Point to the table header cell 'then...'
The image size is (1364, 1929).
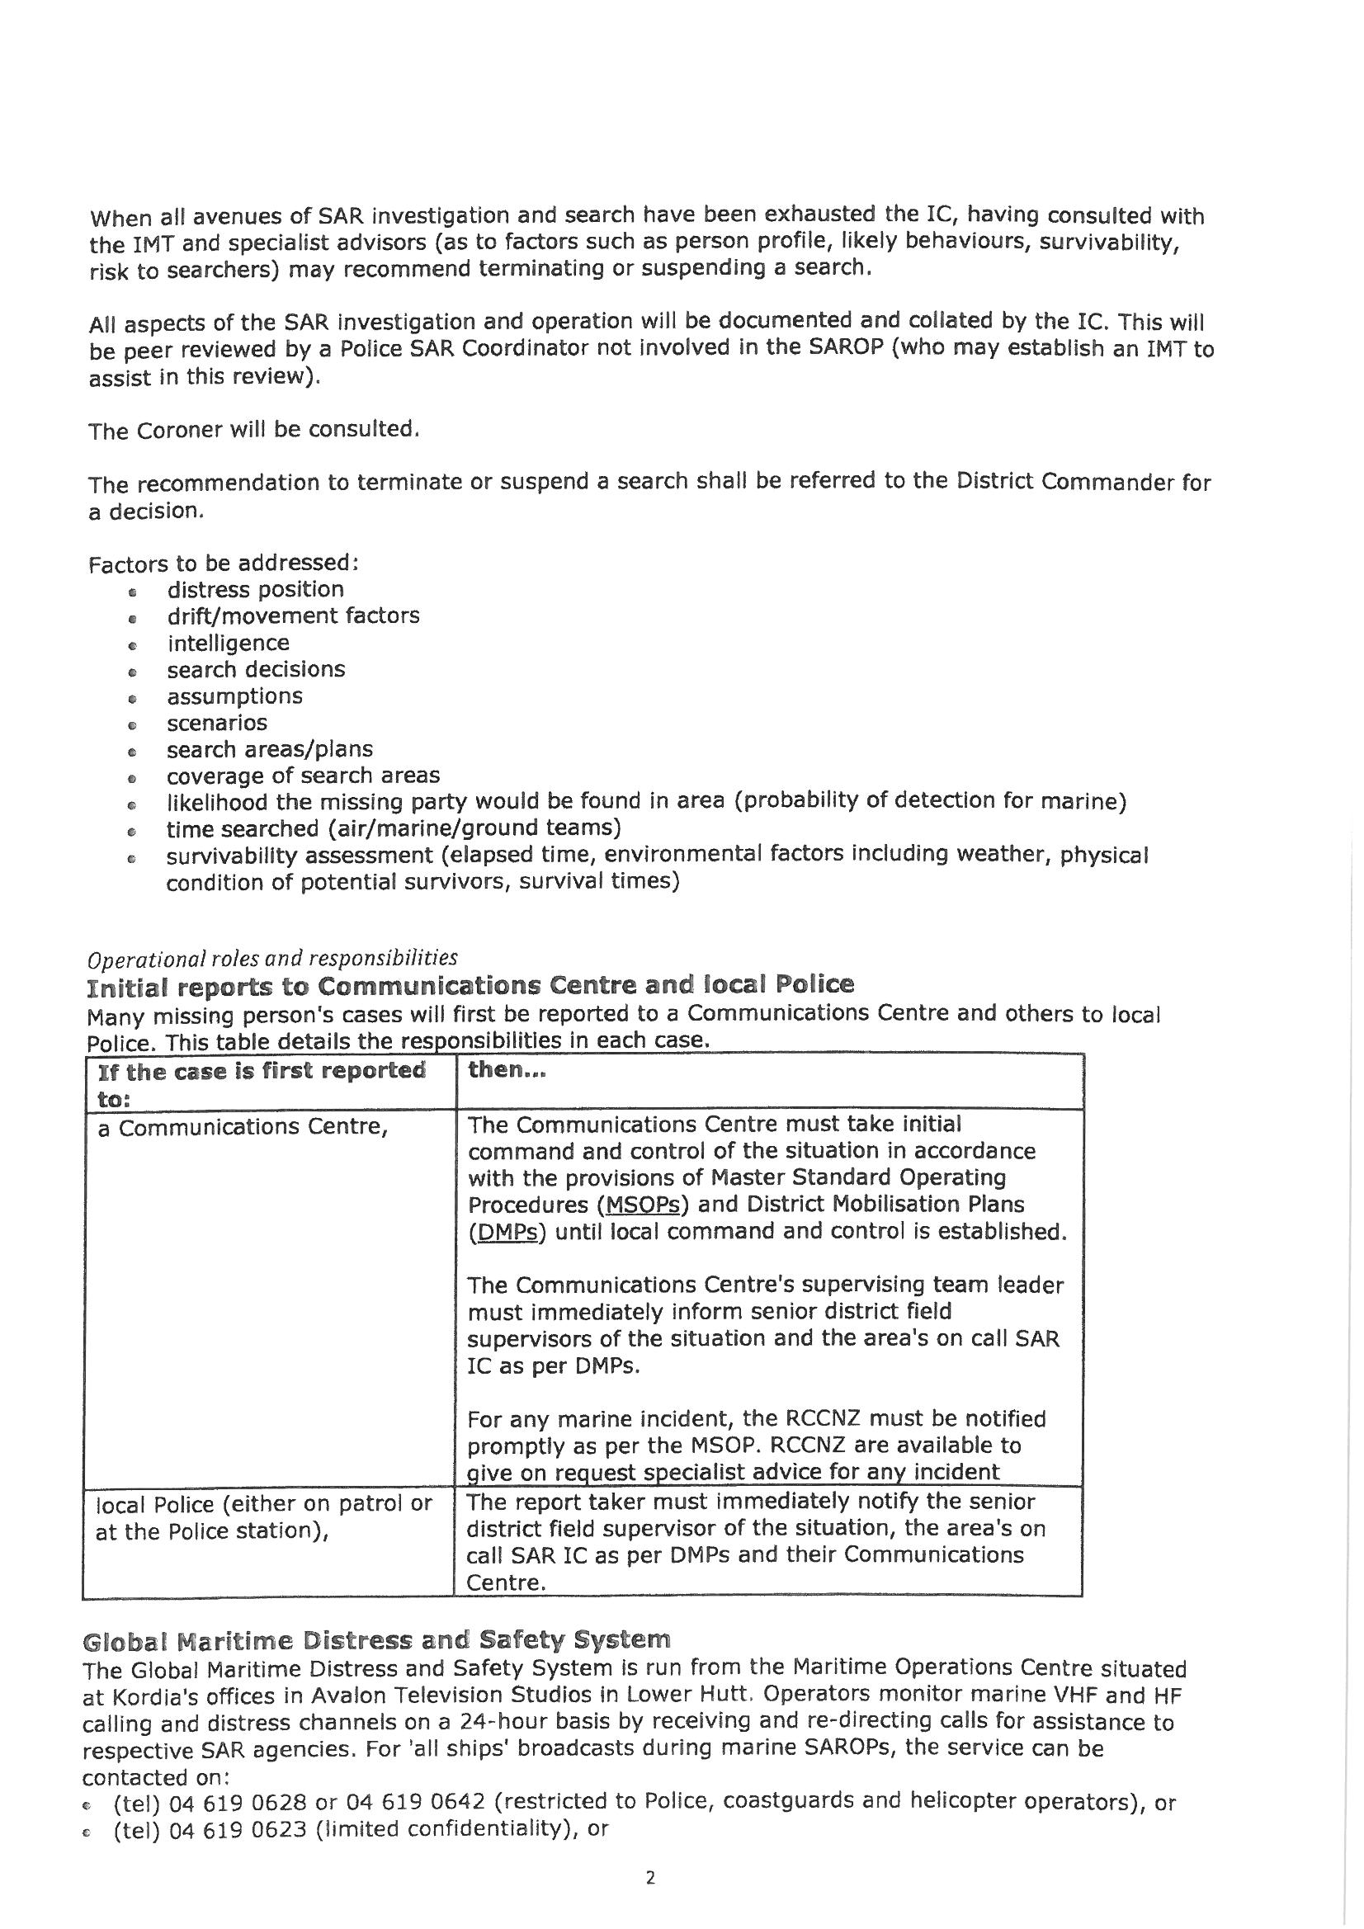coord(507,1070)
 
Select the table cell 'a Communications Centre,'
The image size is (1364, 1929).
coord(243,1128)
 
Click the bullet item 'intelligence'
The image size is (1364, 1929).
coord(228,643)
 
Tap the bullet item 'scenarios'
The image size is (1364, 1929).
coord(217,723)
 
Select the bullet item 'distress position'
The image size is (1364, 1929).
coord(256,589)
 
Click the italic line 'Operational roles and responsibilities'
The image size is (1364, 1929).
coord(273,959)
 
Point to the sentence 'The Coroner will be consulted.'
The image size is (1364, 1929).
coord(254,430)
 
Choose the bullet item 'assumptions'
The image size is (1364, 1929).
coord(234,696)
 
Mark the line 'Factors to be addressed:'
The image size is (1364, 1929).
coord(224,562)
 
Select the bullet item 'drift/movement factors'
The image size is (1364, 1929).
coord(293,615)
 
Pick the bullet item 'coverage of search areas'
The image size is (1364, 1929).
coord(303,776)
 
